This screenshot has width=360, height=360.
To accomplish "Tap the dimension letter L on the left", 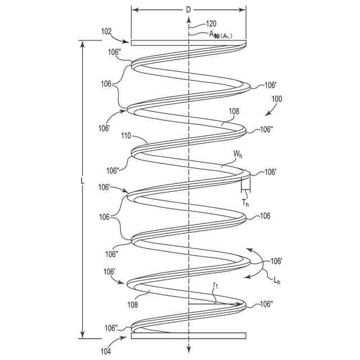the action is [x=82, y=181].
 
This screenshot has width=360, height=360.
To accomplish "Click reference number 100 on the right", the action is [x=277, y=99].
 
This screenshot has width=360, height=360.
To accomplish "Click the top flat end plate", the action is [x=188, y=42].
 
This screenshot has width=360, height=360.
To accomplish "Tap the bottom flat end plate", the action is [x=188, y=336].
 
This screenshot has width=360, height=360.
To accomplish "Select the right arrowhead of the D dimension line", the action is [x=243, y=9].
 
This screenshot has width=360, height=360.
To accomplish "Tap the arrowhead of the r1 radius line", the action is [x=243, y=305].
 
